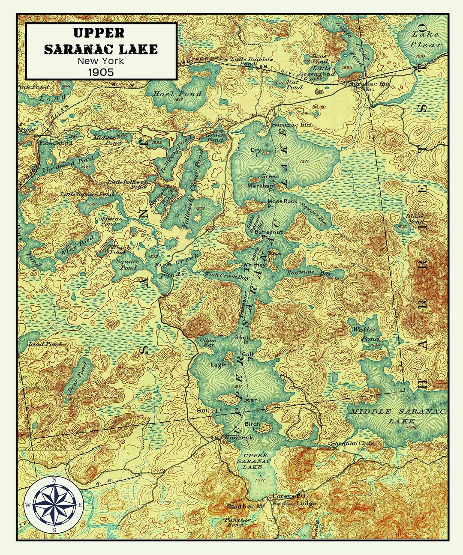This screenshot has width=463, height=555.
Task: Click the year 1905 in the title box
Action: (x=101, y=72)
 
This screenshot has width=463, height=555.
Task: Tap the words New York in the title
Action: (x=101, y=61)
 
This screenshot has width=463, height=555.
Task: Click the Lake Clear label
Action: (x=425, y=39)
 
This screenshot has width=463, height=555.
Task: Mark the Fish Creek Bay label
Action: (x=227, y=276)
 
